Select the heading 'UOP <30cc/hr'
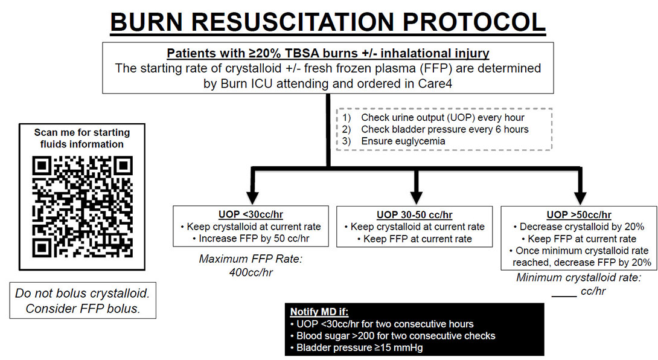point(251,214)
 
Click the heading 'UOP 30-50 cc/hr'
point(414,214)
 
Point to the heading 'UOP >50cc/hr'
point(579,214)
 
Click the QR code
point(82,207)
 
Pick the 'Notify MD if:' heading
point(319,312)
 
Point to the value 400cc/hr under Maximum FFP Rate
point(251,272)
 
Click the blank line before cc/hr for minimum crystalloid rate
point(564,296)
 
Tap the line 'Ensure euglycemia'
point(403,141)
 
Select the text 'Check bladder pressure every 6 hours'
point(445,129)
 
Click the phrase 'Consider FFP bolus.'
point(83,309)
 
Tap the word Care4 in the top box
point(435,83)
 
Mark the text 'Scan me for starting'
point(82,132)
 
